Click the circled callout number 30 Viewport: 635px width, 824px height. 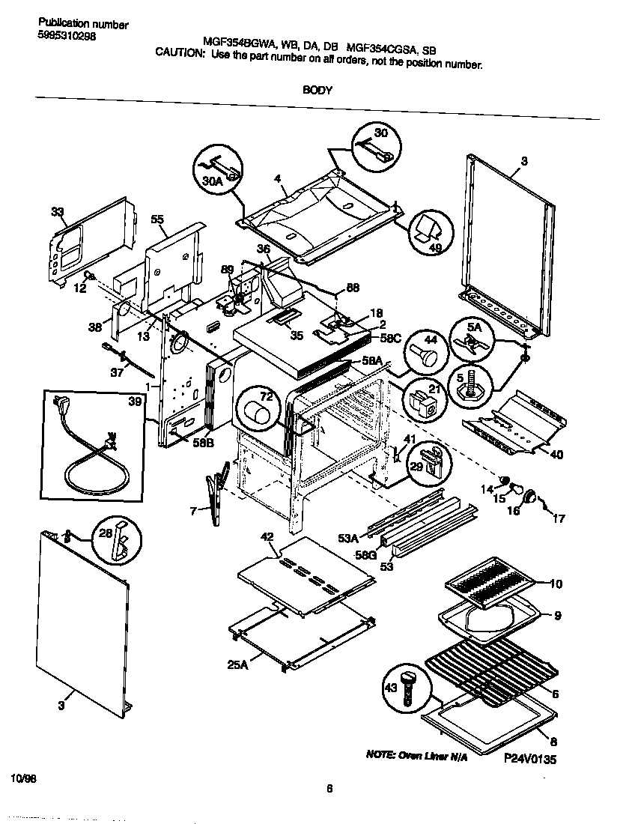point(381,133)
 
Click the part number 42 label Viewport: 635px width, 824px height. point(267,536)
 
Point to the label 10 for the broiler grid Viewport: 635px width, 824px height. point(555,584)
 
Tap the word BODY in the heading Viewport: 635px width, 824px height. point(317,89)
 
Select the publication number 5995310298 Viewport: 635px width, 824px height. point(67,36)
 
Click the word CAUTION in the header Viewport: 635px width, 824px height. point(179,53)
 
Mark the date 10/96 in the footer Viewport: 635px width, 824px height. point(23,779)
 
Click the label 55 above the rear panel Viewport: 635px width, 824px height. point(157,219)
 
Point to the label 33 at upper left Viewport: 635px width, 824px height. point(58,212)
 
